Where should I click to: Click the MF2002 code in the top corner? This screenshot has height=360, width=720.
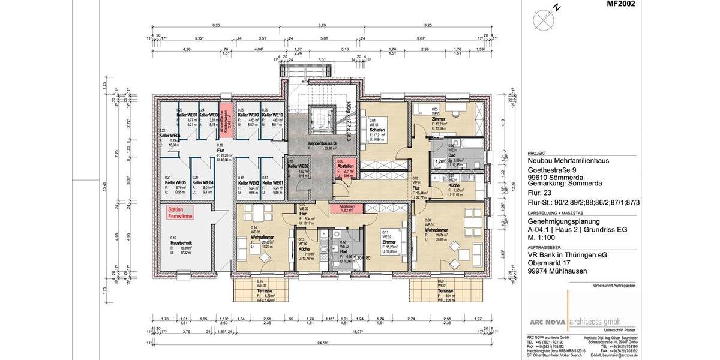(620, 4)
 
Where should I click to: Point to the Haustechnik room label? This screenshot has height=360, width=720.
(182, 243)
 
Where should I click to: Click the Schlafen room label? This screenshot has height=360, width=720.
(377, 130)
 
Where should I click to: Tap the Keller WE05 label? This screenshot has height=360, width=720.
(175, 182)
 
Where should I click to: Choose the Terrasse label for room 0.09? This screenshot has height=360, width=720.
(445, 290)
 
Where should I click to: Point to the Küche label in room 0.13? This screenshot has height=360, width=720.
(304, 248)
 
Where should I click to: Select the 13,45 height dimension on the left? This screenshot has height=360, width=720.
(103, 187)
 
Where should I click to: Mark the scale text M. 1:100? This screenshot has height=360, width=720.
(542, 236)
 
